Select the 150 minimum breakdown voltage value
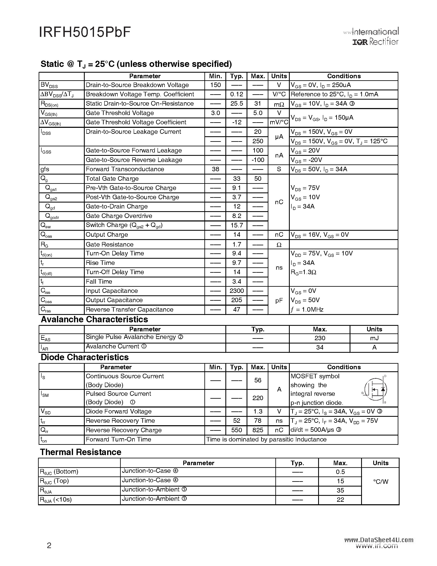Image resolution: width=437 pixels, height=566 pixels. tap(215, 85)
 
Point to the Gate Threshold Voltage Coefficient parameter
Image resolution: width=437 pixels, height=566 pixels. tap(136, 122)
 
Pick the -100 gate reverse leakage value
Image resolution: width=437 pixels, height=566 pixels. tap(258, 160)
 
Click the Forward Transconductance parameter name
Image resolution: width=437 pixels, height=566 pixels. tap(125, 169)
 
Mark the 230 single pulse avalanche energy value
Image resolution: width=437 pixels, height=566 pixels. tap(320, 338)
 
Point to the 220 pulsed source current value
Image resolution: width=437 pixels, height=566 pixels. tap(258, 398)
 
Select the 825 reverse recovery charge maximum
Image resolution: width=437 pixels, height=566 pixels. tap(258, 430)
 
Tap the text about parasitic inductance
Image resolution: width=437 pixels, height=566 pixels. tap(266, 440)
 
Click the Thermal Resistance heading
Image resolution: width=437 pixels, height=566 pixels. tap(81, 452)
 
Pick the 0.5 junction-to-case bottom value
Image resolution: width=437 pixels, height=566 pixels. tap(340, 472)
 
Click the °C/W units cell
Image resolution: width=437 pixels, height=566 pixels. tap(381, 482)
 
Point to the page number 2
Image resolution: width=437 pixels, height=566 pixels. tap(49, 546)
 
